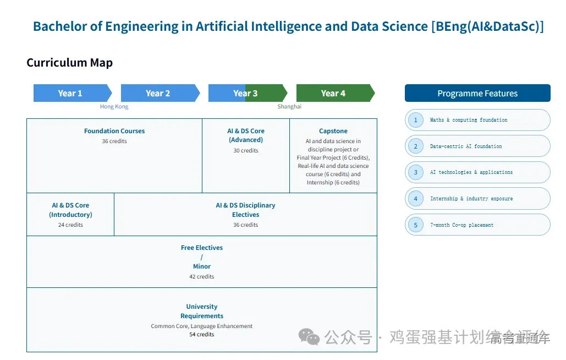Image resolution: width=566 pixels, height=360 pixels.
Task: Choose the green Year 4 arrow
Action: click(x=334, y=93)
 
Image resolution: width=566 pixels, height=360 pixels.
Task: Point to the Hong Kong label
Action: click(x=114, y=107)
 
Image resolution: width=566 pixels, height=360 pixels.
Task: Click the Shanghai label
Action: click(x=289, y=107)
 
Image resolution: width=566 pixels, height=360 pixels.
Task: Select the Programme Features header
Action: click(x=477, y=93)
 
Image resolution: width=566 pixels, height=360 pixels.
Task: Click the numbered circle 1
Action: click(x=416, y=120)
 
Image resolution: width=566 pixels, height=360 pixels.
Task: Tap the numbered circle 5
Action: click(x=416, y=225)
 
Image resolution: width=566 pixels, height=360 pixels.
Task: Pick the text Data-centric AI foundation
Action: click(x=466, y=146)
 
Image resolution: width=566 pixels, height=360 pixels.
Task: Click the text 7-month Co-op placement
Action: click(x=461, y=225)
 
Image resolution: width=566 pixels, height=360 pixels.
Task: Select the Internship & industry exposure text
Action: click(x=471, y=199)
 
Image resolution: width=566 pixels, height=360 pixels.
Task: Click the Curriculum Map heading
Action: click(x=69, y=63)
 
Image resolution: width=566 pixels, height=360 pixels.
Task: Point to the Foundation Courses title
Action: click(x=114, y=131)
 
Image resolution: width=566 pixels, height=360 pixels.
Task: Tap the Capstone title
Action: click(x=333, y=131)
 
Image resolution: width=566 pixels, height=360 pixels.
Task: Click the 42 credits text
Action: click(x=202, y=276)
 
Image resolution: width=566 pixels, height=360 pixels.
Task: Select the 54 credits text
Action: click(x=202, y=334)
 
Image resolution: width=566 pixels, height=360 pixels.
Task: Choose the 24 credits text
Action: click(x=70, y=225)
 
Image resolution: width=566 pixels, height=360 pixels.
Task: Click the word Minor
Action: click(x=202, y=266)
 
